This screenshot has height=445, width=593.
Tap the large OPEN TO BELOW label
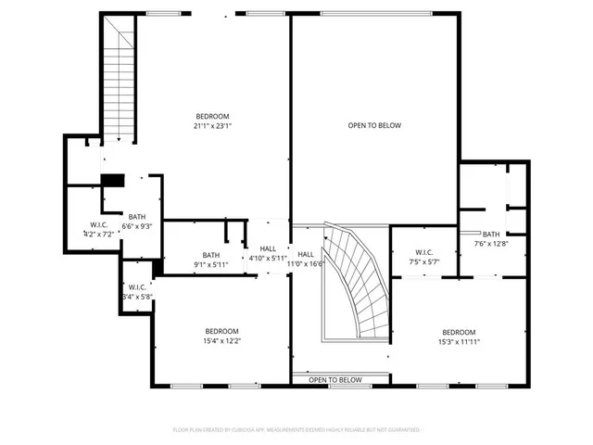(374, 125)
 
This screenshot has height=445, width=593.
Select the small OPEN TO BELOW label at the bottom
(335, 380)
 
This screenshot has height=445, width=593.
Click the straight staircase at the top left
(119, 83)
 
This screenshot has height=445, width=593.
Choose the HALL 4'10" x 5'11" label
(268, 253)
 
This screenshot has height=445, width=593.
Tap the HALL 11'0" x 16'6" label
(306, 259)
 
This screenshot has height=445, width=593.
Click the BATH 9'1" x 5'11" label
(211, 260)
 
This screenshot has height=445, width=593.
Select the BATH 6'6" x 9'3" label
(137, 221)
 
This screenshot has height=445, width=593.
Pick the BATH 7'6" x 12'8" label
(491, 239)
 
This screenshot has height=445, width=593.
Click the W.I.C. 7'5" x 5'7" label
(424, 257)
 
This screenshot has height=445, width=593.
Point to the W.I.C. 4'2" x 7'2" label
(99, 230)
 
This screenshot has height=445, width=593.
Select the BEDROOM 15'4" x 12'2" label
(222, 336)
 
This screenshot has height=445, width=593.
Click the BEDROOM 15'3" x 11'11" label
(459, 337)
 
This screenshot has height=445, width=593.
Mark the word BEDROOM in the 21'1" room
(211, 116)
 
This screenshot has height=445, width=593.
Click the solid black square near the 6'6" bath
(112, 181)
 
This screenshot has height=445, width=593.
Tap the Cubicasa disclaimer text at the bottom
(296, 430)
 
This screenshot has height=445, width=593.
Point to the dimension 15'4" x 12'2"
(222, 341)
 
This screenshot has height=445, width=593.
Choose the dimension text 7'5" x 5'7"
(424, 262)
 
